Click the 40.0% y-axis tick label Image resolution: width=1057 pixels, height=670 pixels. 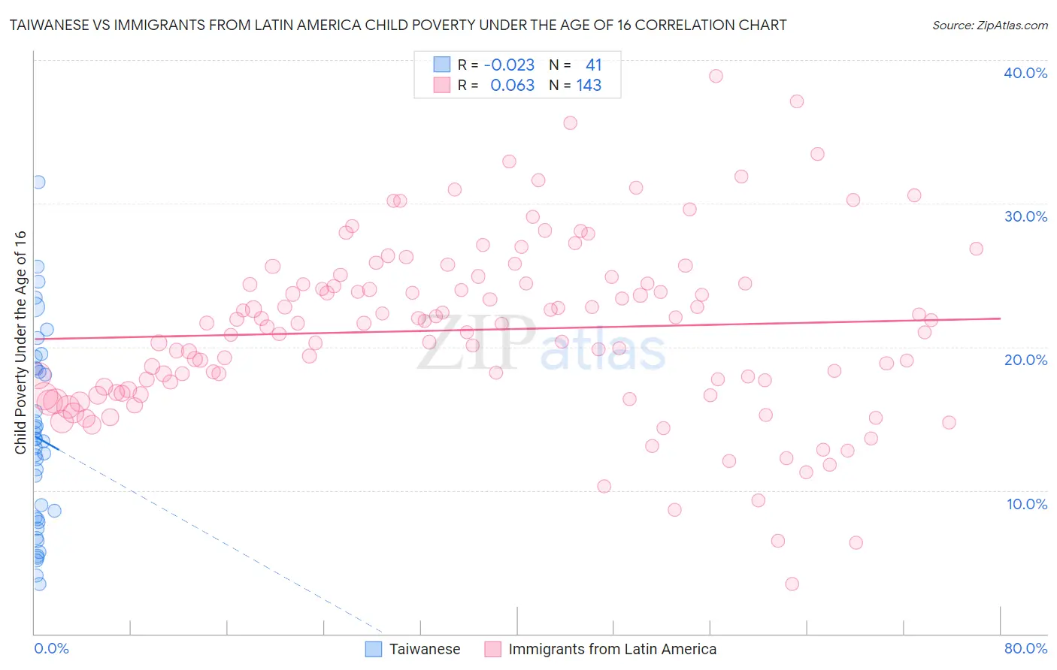[1025, 73]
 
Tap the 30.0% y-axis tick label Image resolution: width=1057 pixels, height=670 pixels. [1025, 216]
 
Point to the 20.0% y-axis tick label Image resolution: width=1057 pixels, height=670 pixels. [1025, 360]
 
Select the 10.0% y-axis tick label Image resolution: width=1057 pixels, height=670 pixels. [1026, 504]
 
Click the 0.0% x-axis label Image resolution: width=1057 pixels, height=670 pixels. [51, 648]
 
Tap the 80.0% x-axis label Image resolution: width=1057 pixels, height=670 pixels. [1025, 648]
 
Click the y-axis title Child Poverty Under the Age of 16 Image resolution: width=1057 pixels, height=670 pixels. [20, 343]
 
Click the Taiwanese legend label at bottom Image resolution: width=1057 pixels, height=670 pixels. [425, 649]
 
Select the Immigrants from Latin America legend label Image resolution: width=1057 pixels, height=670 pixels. [612, 649]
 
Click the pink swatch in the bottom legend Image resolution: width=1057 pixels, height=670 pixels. [493, 649]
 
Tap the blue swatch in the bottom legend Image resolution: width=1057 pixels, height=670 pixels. [374, 649]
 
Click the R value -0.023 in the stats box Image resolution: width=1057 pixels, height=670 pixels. [509, 65]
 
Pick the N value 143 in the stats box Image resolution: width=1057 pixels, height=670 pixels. [589, 85]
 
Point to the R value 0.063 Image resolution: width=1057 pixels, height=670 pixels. [512, 85]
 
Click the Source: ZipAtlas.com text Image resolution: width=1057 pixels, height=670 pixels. [989, 26]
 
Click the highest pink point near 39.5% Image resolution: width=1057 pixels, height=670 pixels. [716, 76]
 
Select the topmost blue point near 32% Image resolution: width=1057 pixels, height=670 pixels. [38, 182]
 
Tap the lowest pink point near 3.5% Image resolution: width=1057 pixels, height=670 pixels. [792, 584]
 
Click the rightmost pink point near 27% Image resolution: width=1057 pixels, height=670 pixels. [976, 249]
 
